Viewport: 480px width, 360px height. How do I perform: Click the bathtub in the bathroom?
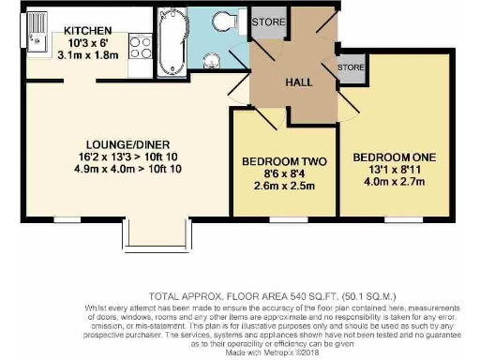pos(170,43)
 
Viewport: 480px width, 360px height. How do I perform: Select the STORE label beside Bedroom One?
pos(351,67)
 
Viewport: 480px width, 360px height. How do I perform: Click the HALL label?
pos(298,82)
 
